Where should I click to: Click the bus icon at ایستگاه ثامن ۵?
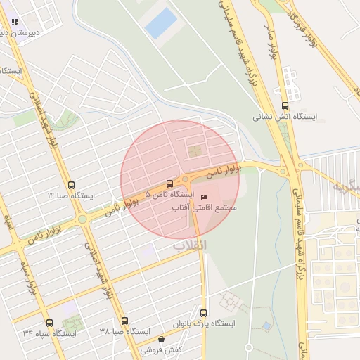tap(169, 183)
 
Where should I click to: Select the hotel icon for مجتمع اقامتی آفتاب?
tap(205, 196)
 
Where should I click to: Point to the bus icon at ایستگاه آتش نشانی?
tap(285, 106)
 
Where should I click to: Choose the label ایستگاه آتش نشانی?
tap(285, 117)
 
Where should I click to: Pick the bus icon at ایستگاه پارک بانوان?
tap(204, 313)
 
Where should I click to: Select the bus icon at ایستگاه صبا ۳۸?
tap(124, 320)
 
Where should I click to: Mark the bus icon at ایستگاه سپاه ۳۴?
tap(49, 321)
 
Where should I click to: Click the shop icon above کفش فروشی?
tap(161, 339)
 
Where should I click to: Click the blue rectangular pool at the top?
tap(160, 23)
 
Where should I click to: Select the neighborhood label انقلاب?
tap(191, 245)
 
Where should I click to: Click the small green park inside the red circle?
tap(193, 150)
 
